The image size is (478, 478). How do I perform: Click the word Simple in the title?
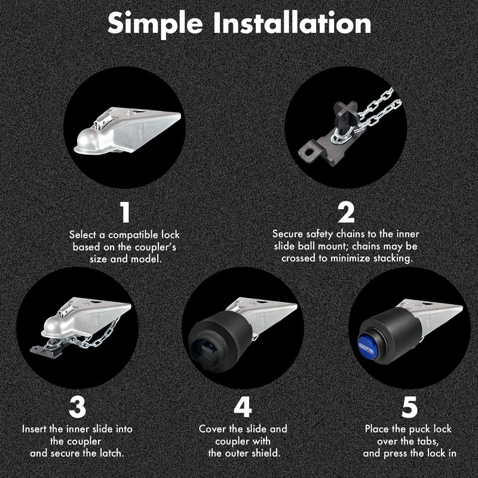pyautogui.click(x=155, y=24)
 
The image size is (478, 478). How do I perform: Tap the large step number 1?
pyautogui.click(x=125, y=212)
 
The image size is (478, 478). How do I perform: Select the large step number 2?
pyautogui.click(x=347, y=212)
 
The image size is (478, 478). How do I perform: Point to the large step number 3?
pyautogui.click(x=78, y=407)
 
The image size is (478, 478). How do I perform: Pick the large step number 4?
pyautogui.click(x=243, y=407)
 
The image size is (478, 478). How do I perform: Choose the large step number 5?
pyautogui.click(x=409, y=407)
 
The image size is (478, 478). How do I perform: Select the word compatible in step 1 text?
pyautogui.click(x=133, y=235)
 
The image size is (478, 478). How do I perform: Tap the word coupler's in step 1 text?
pyautogui.click(x=155, y=247)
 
